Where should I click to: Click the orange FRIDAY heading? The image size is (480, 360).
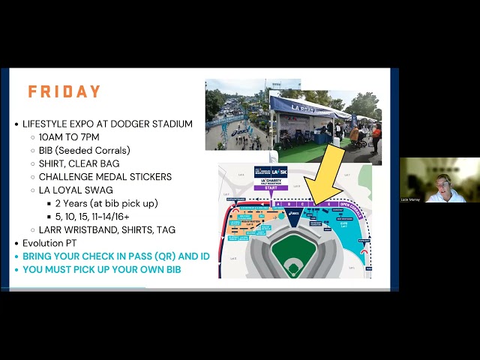(64, 92)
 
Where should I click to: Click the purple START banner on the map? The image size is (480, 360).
(270, 189)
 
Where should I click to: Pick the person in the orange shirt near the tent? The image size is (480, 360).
(376, 135)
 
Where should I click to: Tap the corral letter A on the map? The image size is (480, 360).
(280, 203)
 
